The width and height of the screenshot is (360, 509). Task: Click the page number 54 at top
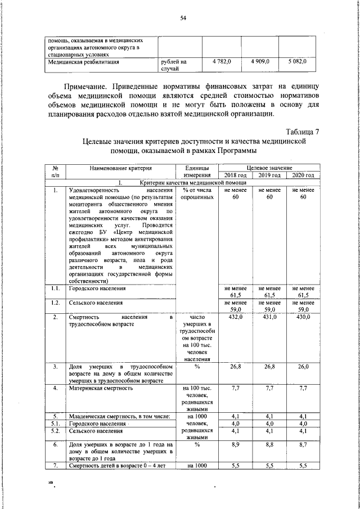point(183,18)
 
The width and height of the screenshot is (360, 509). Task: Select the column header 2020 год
point(303,175)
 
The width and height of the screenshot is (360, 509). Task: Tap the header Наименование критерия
point(120,168)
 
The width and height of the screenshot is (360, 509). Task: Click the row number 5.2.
point(56,431)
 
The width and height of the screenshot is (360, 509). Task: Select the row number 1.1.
point(56,289)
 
